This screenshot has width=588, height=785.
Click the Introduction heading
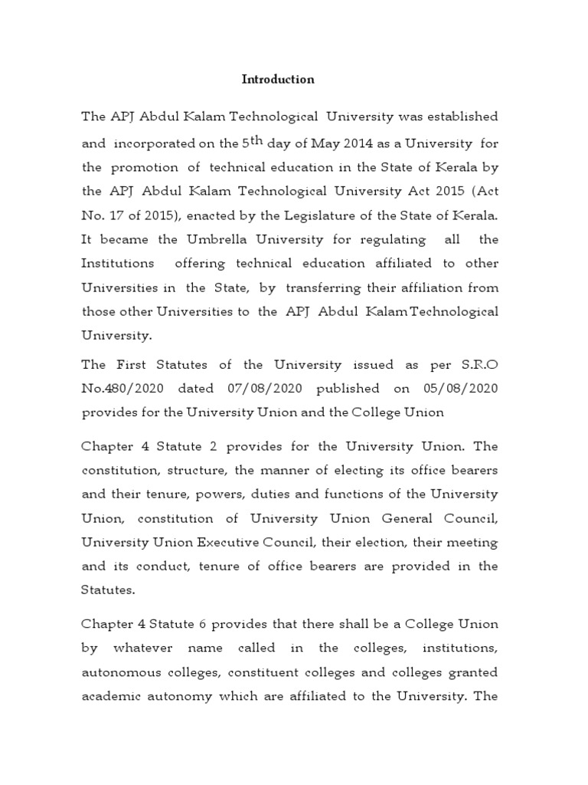[278, 79]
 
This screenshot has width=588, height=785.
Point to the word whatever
[148, 649]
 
